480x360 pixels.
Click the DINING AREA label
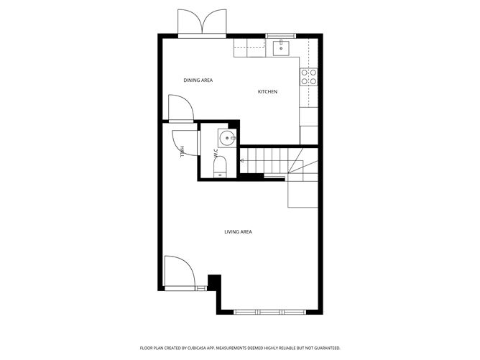pyautogui.click(x=198, y=80)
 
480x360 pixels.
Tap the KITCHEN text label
pyautogui.click(x=267, y=91)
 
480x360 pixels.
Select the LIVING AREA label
pyautogui.click(x=238, y=231)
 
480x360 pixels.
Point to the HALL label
pyautogui.click(x=183, y=152)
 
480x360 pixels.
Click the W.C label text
pyautogui.click(x=216, y=154)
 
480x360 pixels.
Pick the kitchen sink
pyautogui.click(x=281, y=47)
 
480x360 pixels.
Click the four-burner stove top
pyautogui.click(x=308, y=77)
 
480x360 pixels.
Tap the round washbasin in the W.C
pyautogui.click(x=227, y=138)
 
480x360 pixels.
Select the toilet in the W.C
pyautogui.click(x=220, y=167)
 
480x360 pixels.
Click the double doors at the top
pyautogui.click(x=202, y=23)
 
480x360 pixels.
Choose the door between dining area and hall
pyautogui.click(x=181, y=109)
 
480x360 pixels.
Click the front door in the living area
pyautogui.click(x=180, y=273)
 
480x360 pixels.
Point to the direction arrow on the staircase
pyautogui.click(x=242, y=160)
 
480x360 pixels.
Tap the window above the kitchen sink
pyautogui.click(x=281, y=36)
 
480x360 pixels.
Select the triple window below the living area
pyautogui.click(x=270, y=313)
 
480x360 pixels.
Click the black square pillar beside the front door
pyautogui.click(x=214, y=282)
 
